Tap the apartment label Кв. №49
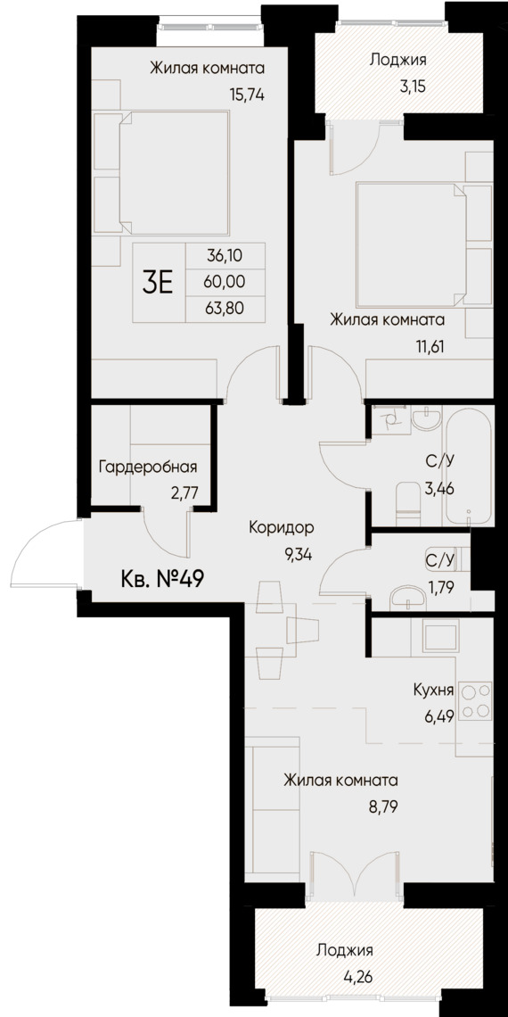point(162,579)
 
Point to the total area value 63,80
point(225,309)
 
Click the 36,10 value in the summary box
point(225,254)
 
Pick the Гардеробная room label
point(148,467)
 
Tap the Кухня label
point(434,690)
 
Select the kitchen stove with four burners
point(478,699)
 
